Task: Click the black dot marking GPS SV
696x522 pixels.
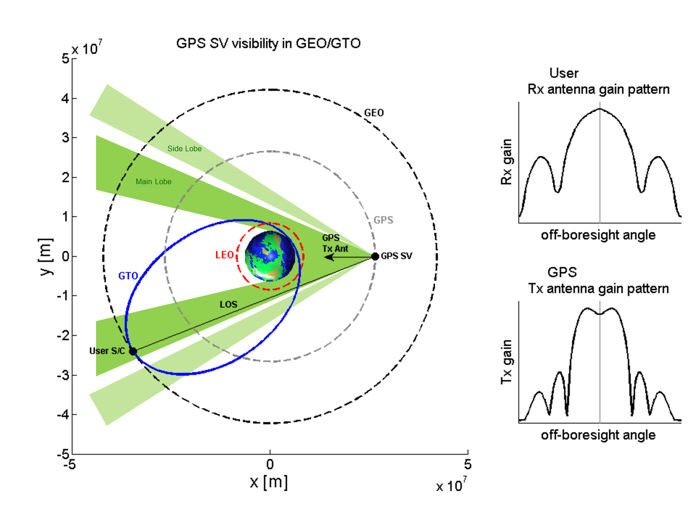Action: (375, 256)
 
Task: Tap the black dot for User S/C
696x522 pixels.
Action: (133, 351)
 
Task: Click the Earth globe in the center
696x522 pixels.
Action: (270, 256)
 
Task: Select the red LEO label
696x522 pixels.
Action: (225, 255)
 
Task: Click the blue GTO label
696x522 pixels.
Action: (128, 276)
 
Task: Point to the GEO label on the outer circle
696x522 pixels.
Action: (374, 113)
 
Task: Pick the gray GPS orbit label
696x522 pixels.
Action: (383, 220)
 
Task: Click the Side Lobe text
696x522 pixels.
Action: (184, 148)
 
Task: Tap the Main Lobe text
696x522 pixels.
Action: (154, 181)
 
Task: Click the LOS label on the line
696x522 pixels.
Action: (228, 304)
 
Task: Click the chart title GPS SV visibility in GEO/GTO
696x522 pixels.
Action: (268, 43)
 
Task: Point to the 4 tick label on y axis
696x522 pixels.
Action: (65, 98)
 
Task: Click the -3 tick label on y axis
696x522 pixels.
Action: (63, 375)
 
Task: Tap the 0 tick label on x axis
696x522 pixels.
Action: (270, 464)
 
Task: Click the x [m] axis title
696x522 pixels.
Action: (269, 482)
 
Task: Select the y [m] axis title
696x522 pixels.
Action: (46, 256)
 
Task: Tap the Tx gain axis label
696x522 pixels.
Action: (506, 362)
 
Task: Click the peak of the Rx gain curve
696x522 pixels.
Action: (599, 109)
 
